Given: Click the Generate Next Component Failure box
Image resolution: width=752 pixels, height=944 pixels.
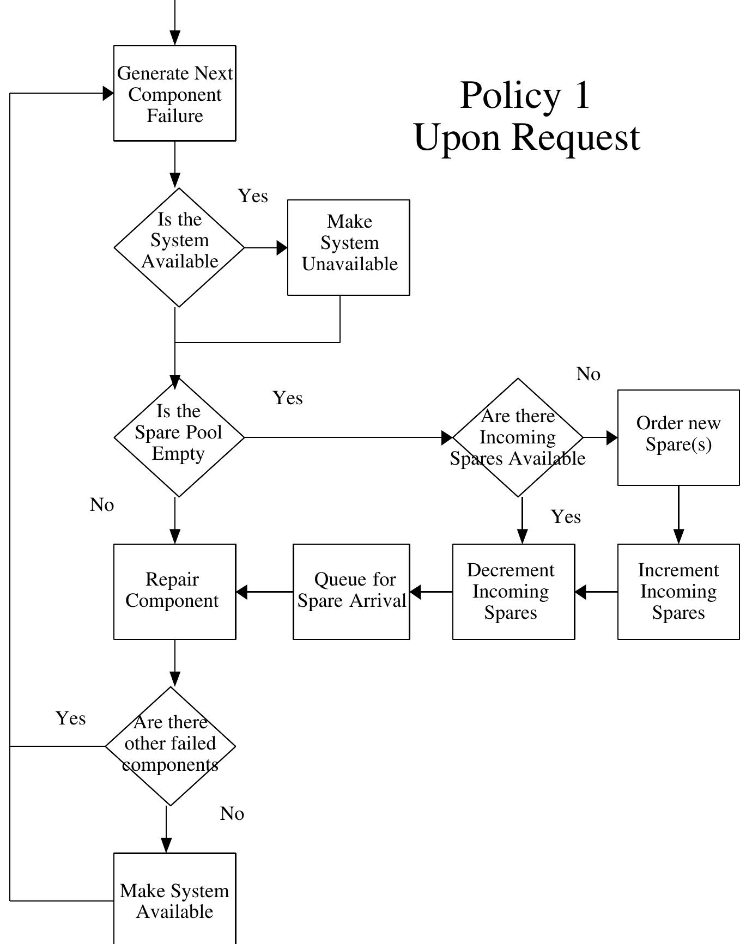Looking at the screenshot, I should point(174,94).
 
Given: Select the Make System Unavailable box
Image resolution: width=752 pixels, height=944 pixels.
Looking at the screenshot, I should point(349,247).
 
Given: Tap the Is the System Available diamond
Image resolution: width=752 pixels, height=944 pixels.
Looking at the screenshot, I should point(179,247).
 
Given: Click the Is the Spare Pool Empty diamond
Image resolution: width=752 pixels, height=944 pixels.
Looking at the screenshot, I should point(179,437).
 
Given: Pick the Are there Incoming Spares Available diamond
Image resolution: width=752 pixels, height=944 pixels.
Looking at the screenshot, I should point(518,437).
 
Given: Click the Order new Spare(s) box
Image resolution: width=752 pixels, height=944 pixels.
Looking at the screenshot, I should point(678,437).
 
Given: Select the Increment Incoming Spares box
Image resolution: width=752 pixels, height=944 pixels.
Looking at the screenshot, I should point(678,592).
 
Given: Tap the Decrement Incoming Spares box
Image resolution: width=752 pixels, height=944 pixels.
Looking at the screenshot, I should point(513,592).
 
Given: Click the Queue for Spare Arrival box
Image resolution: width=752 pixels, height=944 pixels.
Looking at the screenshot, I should point(351,592).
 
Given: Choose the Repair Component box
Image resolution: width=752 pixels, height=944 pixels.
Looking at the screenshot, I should point(174,592).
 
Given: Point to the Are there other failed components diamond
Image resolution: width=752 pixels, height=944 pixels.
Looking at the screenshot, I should point(171,746).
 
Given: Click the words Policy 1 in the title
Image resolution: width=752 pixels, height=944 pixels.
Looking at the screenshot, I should point(525,95).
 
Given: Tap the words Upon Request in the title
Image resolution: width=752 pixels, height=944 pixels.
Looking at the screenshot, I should point(527,137).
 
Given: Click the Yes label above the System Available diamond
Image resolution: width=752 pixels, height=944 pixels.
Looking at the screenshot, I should point(253,196).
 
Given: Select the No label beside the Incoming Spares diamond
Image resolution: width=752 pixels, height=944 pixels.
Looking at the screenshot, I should point(589,374).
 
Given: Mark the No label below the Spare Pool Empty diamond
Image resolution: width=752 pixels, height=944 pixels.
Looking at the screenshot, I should point(102,505).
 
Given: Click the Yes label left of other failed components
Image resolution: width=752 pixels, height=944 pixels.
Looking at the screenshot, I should point(71,718).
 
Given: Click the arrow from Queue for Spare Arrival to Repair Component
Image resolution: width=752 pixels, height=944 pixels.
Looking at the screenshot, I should point(264,592).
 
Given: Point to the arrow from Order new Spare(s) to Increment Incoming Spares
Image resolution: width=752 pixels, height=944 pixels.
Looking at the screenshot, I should point(678,515).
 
